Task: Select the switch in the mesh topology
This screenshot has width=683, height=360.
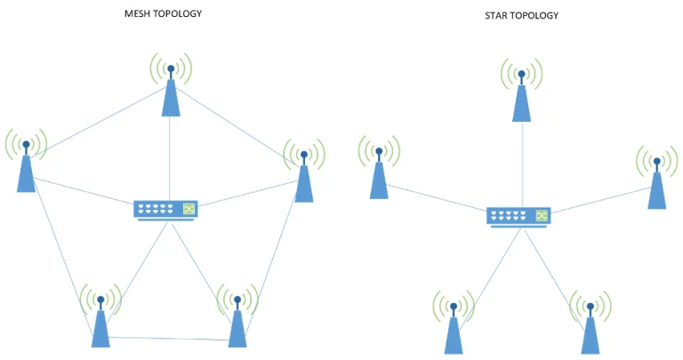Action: (x=165, y=210)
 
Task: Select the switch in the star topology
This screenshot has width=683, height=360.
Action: (x=518, y=216)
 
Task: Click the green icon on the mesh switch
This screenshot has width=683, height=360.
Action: (x=189, y=209)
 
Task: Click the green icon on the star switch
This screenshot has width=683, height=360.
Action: (x=542, y=215)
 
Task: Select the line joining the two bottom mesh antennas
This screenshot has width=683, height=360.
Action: (x=169, y=338)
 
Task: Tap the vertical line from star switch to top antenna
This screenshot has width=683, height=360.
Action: (x=521, y=164)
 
